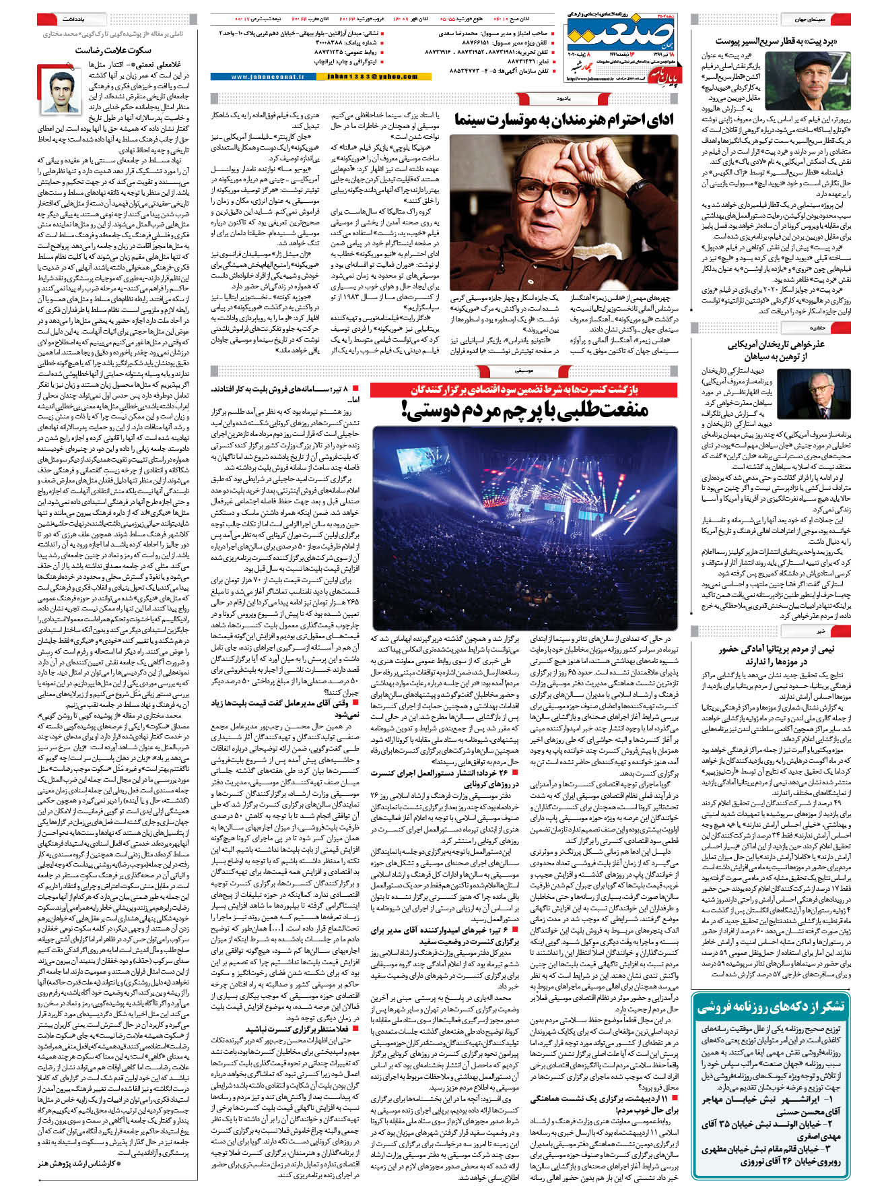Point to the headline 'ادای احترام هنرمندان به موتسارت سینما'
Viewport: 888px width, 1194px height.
click(564, 121)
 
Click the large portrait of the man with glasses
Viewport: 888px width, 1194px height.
click(563, 213)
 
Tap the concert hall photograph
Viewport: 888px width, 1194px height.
click(524, 528)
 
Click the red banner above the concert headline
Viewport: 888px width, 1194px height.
click(524, 389)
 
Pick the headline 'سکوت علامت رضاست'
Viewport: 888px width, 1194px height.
click(113, 50)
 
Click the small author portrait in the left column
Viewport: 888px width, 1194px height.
click(60, 92)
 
